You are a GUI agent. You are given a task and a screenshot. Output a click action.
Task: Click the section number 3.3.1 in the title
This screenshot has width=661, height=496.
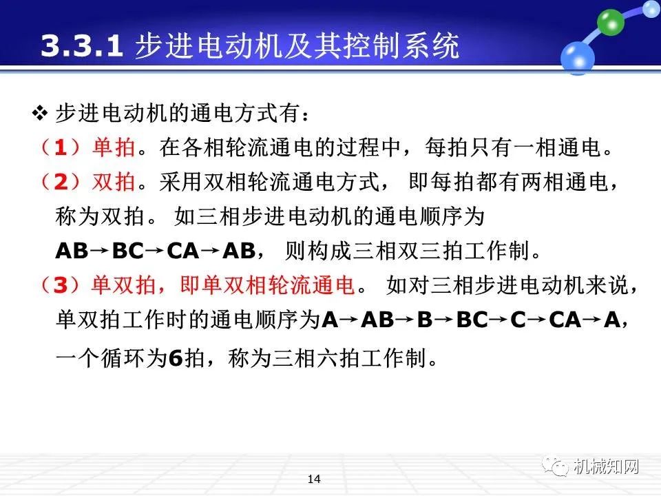82,48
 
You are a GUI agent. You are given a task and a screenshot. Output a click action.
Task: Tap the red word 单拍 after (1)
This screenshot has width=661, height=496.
112,147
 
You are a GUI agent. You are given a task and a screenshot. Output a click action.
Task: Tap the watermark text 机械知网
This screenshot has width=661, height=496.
606,467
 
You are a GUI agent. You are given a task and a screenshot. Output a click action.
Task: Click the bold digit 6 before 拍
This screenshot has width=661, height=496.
175,358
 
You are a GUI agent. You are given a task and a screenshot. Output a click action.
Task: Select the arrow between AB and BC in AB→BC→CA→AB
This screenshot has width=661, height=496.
100,249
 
